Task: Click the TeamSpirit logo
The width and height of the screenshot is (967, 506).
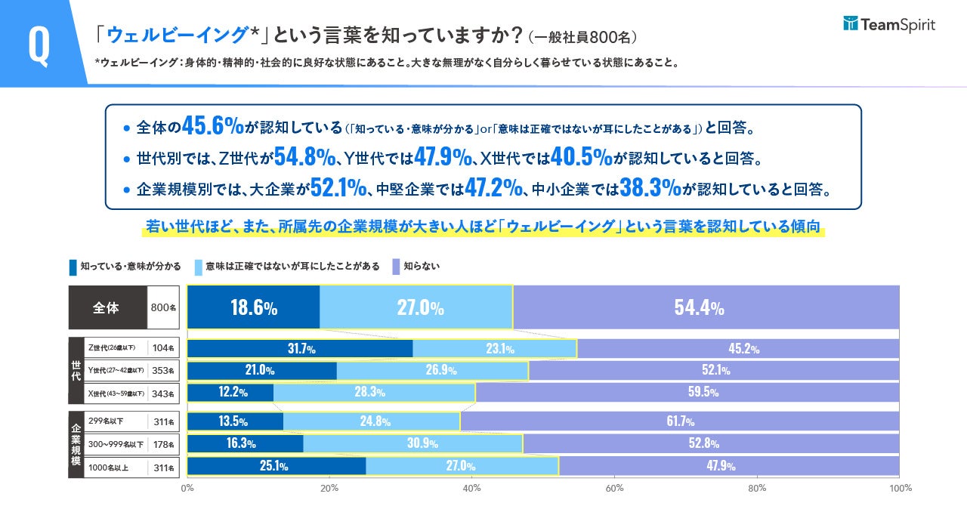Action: [888, 25]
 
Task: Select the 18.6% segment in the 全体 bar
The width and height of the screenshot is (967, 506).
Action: [253, 307]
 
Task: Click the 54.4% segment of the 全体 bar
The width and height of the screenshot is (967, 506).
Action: [706, 307]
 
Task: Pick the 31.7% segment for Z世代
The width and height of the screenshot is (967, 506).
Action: [300, 348]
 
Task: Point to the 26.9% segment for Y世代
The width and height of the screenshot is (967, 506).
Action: [432, 371]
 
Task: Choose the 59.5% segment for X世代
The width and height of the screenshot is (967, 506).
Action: [687, 393]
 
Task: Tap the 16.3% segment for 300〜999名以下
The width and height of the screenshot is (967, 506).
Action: [245, 443]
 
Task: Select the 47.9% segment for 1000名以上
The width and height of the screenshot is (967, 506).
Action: [729, 466]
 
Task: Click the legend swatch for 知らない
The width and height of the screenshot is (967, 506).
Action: [396, 267]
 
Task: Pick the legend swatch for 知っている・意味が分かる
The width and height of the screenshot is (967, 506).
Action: [73, 267]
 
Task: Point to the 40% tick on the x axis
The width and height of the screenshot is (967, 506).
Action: [472, 488]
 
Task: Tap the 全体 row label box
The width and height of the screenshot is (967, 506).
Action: [107, 307]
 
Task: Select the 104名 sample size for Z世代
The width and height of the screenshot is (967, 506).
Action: [163, 348]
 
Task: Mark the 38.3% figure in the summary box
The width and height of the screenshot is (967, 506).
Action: [650, 188]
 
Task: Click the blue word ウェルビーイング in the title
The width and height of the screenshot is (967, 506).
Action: [178, 35]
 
